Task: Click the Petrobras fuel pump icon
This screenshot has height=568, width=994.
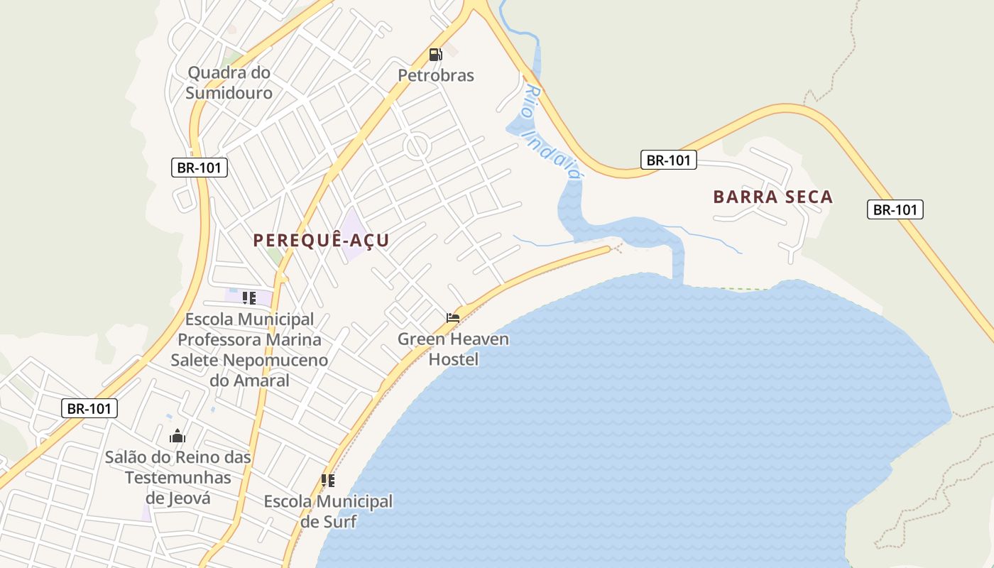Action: coord(435,54)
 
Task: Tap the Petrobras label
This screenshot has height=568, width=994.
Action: coord(435,75)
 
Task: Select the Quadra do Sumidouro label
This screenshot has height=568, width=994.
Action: coord(229,82)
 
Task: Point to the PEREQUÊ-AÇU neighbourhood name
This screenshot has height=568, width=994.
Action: coord(321,240)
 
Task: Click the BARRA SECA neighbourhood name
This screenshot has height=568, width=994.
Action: coord(772,197)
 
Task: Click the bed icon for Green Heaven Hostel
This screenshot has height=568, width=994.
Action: coord(453,317)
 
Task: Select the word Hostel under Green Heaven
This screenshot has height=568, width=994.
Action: coord(454,359)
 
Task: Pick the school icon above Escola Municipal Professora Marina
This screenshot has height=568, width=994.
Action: coord(248,297)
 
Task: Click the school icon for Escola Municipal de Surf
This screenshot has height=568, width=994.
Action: coord(327,481)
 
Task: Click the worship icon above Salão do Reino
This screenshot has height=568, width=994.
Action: coord(177,436)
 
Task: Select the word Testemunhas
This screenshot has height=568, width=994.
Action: coord(178,477)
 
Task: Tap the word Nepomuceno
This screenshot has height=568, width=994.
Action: coord(275,360)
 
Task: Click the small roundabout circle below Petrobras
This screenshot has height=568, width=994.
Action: coord(417,147)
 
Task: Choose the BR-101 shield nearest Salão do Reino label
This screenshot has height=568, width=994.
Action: coord(89,408)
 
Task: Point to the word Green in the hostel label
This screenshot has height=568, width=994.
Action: coord(421,339)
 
